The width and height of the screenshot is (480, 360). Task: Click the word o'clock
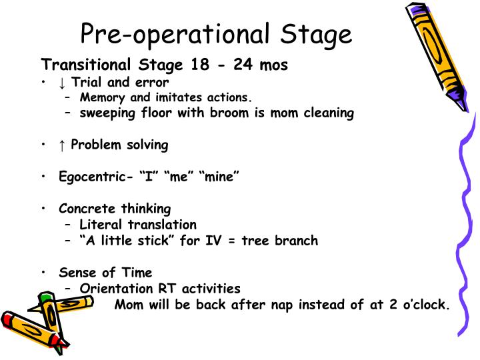point(423,305)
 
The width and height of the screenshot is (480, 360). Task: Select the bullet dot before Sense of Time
point(43,273)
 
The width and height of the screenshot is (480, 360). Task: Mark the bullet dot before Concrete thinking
point(43,209)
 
